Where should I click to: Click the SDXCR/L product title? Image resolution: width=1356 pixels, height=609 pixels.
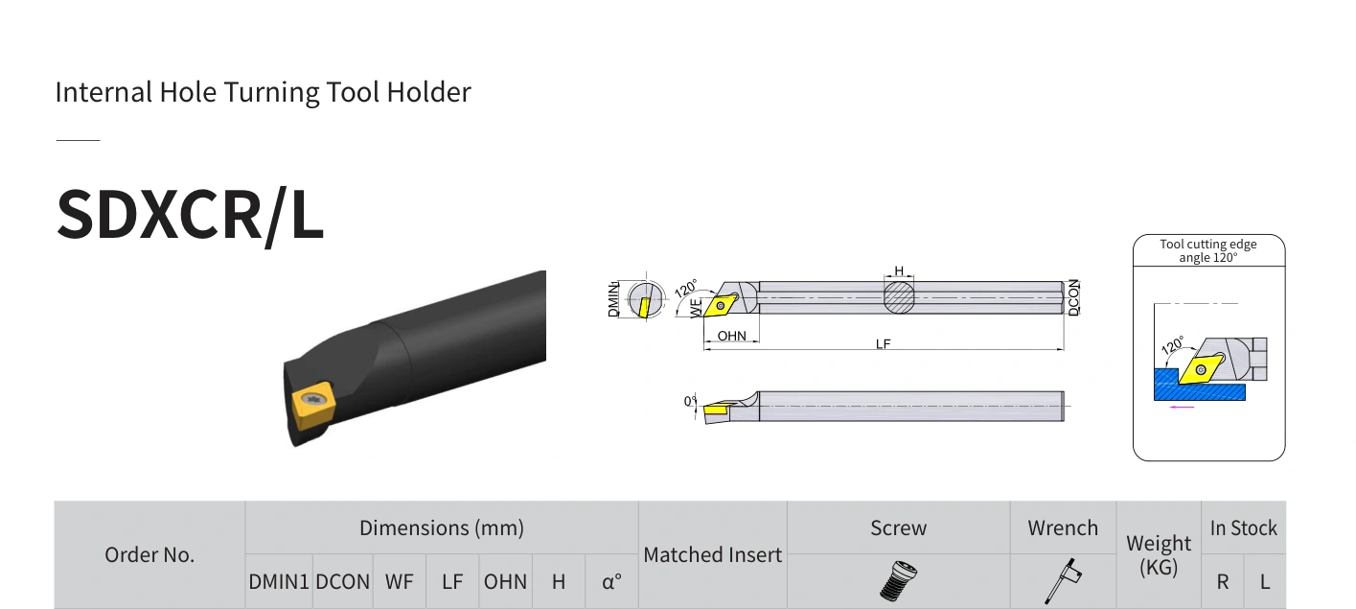[190, 215]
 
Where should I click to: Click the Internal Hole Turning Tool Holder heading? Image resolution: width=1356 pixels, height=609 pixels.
[263, 93]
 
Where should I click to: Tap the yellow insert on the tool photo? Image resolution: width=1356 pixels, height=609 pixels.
[313, 404]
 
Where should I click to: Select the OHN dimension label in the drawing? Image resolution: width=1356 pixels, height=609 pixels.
[731, 336]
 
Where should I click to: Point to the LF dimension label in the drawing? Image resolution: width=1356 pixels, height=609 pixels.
[884, 344]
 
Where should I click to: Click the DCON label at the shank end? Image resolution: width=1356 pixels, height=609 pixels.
[1074, 297]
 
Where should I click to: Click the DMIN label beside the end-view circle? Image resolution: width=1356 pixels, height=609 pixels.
[613, 299]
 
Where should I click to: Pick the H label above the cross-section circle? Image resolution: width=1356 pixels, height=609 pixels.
[899, 270]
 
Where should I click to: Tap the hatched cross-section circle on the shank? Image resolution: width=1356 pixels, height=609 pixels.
[899, 297]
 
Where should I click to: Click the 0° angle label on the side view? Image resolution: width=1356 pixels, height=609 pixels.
[690, 401]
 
